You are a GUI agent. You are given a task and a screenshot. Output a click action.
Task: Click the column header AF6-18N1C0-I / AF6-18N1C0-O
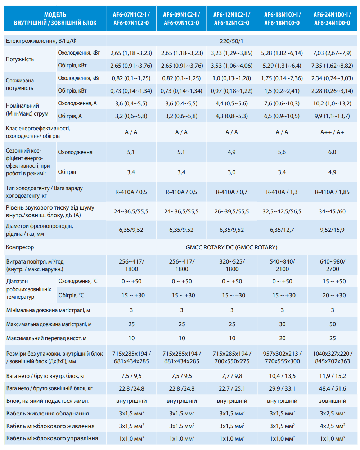pos(282,19)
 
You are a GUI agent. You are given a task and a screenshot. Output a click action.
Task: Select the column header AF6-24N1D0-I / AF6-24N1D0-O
pos(332,19)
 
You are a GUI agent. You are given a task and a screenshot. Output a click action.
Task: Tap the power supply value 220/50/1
pos(231,41)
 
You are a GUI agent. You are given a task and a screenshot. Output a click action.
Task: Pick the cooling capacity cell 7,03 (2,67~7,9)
pos(332,53)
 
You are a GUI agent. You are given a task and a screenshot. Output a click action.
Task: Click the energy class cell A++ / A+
pos(332,132)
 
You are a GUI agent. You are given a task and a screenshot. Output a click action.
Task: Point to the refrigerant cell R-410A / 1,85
pos(332,192)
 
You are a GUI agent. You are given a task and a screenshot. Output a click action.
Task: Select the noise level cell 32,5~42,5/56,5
pos(282,211)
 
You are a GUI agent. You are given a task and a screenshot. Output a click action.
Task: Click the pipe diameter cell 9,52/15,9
pos(332,230)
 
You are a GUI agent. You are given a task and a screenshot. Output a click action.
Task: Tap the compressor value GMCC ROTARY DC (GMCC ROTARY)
pos(231,247)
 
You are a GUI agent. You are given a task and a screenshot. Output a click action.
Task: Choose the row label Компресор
pos(20,247)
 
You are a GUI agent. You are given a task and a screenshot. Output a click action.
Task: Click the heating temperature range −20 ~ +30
pos(332,295)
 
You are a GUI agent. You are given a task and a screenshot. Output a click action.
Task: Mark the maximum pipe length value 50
pos(332,324)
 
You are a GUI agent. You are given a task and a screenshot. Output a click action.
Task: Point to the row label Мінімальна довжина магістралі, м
pos(48,310)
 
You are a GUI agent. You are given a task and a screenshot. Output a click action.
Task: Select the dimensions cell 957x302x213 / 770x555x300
pos(282,357)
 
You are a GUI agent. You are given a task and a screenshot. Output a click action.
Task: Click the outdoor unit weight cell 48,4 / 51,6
pos(332,388)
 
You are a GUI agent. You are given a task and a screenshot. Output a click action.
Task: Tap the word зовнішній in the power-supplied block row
pos(332,401)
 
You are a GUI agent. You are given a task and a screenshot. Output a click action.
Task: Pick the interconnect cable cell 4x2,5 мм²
pos(332,426)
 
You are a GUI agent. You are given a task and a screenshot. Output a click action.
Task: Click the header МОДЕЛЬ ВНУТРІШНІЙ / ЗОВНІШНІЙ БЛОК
pos(55,19)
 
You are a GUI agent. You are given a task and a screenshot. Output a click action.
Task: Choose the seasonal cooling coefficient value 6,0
pos(332,152)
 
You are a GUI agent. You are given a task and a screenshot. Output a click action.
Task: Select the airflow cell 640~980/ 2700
pos(332,265)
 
